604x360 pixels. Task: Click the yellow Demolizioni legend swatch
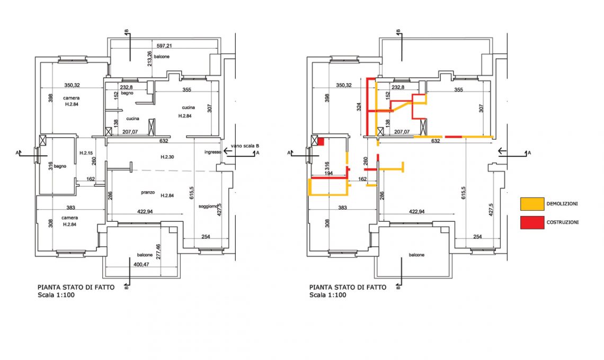532,204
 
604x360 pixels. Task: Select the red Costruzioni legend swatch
532,222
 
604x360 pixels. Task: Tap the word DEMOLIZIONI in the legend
562,204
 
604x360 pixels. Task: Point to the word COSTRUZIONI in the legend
563,222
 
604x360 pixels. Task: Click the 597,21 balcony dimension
164,46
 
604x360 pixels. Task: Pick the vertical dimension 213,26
149,59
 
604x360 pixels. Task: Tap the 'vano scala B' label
245,146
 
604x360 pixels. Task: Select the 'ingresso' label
213,152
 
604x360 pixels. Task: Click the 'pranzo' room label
148,192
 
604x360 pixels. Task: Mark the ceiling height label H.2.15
86,153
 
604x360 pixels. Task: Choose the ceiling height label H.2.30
167,157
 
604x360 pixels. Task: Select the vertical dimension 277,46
159,251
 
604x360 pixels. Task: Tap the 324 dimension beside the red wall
359,106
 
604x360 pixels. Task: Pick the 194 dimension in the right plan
328,174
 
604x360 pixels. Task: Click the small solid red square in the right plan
321,141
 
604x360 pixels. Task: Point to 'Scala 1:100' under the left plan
56,295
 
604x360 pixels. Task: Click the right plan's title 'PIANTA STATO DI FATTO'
348,287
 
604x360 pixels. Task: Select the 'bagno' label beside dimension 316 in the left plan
60,166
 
